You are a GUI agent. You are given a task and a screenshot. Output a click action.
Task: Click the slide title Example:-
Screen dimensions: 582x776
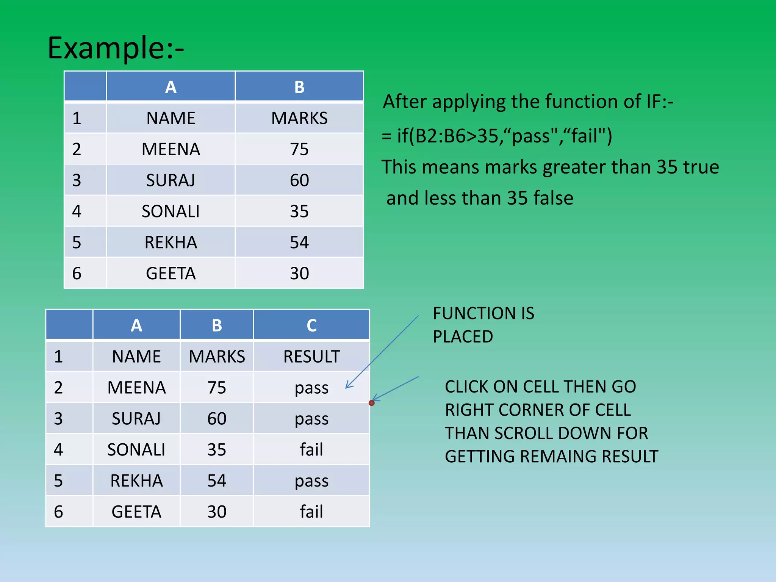[x=116, y=48]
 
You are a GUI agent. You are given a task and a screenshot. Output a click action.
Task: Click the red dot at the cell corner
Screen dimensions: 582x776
[x=372, y=403]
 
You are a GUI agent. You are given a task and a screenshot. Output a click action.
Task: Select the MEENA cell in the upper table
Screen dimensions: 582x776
[x=171, y=149]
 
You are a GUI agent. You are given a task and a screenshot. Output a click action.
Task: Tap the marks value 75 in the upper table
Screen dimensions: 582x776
[x=299, y=149]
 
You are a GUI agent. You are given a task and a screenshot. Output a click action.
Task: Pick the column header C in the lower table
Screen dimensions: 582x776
[x=311, y=325]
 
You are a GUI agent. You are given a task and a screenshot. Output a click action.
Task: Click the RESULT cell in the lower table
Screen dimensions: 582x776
[x=311, y=357]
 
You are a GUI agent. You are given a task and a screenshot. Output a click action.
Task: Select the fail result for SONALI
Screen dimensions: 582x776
[x=311, y=450]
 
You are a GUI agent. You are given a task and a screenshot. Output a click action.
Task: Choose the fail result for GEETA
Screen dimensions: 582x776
[x=311, y=512]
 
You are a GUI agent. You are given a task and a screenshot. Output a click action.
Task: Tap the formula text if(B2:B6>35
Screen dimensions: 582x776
[x=447, y=136]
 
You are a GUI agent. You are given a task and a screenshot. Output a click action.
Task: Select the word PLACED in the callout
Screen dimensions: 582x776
[x=463, y=337]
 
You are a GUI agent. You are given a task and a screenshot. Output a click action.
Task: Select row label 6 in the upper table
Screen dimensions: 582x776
[x=77, y=274]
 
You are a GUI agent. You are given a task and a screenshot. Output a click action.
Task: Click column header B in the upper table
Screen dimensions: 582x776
[x=299, y=87]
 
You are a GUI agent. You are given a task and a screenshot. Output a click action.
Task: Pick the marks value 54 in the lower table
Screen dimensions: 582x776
[x=217, y=481]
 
